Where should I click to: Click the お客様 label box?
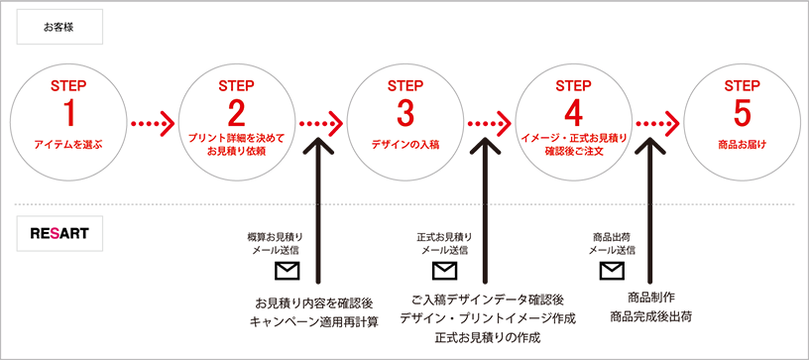pyautogui.click(x=59, y=27)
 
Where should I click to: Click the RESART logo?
pyautogui.click(x=59, y=233)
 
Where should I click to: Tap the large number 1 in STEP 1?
pyautogui.click(x=68, y=114)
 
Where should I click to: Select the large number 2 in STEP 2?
pyautogui.click(x=236, y=114)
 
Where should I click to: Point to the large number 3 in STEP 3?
pyautogui.click(x=405, y=114)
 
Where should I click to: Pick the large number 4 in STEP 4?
pyautogui.click(x=573, y=114)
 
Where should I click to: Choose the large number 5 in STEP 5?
pyautogui.click(x=742, y=114)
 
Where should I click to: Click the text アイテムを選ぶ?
pyautogui.click(x=68, y=145)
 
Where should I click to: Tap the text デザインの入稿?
pyautogui.click(x=405, y=145)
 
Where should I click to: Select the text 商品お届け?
pyautogui.click(x=742, y=145)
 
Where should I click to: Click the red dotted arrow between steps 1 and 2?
pyautogui.click(x=153, y=124)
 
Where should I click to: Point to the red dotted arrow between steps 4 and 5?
pyautogui.click(x=657, y=124)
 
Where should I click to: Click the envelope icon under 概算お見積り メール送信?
pyautogui.click(x=287, y=271)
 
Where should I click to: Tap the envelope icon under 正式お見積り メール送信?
pyautogui.click(x=444, y=271)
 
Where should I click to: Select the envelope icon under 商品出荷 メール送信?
pyautogui.click(x=612, y=271)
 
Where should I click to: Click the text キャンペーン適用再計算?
pyautogui.click(x=313, y=322)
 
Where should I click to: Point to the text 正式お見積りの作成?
pyautogui.click(x=487, y=338)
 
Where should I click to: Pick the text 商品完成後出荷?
pyautogui.click(x=650, y=316)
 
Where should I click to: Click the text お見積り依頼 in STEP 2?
pyautogui.click(x=236, y=152)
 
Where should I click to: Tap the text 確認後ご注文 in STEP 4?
pyautogui.click(x=573, y=152)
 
